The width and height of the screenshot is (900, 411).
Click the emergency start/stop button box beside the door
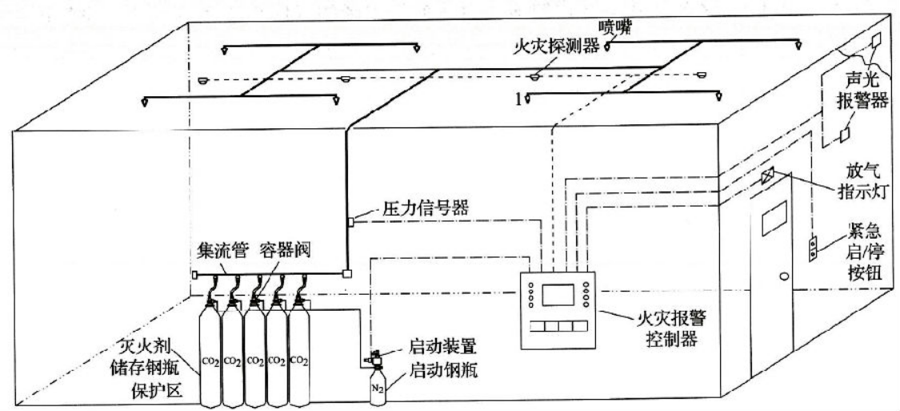pos(813,248)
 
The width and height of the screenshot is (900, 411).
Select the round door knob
pos(783,276)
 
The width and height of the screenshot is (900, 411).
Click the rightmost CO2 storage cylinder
pos(299,357)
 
